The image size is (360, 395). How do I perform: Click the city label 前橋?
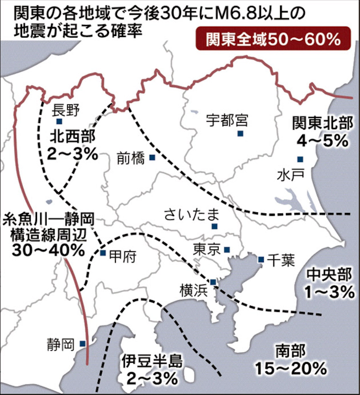point(131,157)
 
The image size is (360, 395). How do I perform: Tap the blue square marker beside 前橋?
point(152,157)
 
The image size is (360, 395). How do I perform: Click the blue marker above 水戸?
point(300,159)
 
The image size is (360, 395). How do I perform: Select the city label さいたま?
point(191,214)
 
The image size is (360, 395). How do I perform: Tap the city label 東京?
point(207,249)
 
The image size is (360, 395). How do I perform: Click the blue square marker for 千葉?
point(261,259)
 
